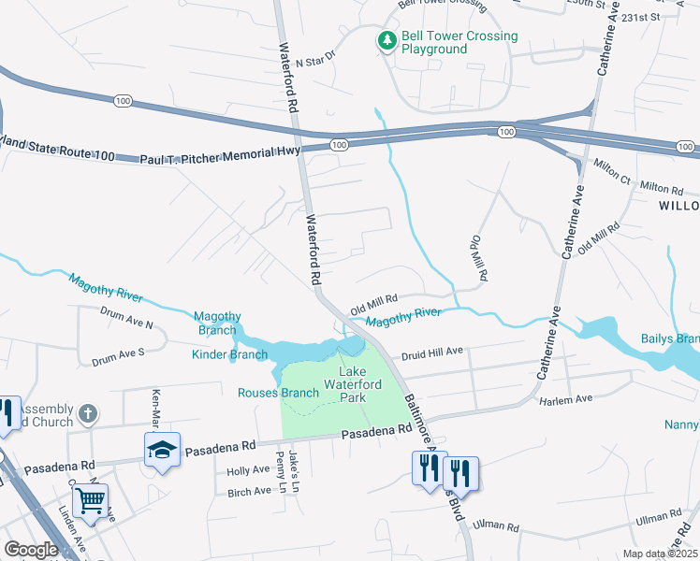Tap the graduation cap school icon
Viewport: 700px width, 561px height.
(162, 452)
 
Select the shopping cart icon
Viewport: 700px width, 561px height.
(90, 500)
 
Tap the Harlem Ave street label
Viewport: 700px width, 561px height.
(566, 399)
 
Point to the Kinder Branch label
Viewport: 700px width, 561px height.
(229, 353)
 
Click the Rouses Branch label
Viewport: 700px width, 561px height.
(278, 393)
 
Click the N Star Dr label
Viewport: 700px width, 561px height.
(314, 59)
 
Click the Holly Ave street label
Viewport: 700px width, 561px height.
(247, 471)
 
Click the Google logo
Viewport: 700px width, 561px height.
(31, 550)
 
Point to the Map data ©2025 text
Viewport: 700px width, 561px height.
(661, 554)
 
